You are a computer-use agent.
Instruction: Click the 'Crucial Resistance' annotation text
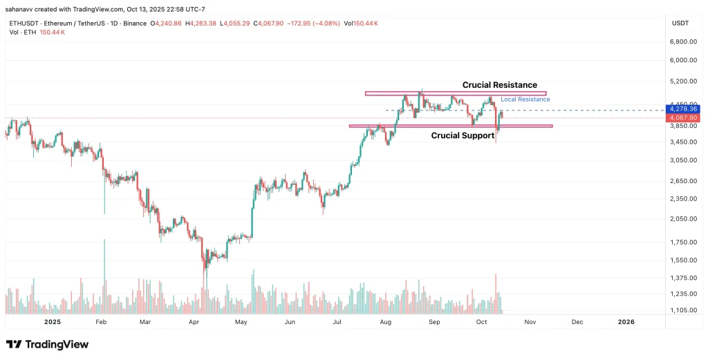499,85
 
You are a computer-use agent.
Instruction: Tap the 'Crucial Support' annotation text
463,135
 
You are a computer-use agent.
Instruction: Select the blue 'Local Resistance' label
525,100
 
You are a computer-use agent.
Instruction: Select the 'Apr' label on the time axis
194,322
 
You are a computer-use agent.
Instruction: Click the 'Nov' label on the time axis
530,322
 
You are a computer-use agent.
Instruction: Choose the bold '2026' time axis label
626,322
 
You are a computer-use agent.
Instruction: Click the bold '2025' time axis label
53,322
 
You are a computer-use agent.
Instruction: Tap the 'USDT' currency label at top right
680,23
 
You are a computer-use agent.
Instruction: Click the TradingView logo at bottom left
47,344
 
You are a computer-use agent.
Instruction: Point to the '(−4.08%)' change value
325,23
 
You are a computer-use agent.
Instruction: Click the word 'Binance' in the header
135,23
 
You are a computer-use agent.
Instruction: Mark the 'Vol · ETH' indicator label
23,32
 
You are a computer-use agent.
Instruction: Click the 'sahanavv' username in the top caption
21,9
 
